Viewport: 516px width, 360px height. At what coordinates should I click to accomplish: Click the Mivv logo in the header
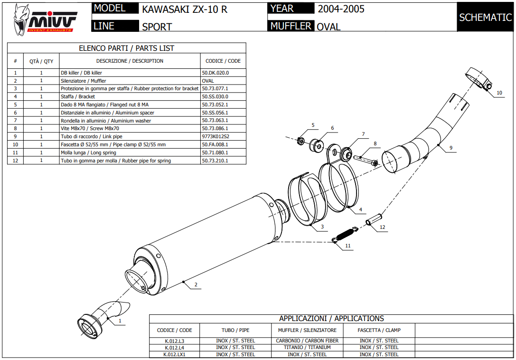[45, 18]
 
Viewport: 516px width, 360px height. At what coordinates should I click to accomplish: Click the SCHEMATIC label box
[485, 18]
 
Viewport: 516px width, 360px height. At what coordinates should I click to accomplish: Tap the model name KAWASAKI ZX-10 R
[185, 9]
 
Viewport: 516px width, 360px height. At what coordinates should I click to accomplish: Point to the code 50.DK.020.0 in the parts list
[216, 73]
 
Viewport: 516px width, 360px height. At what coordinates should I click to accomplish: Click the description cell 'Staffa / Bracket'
[78, 97]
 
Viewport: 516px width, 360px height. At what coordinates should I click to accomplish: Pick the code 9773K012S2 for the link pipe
[216, 137]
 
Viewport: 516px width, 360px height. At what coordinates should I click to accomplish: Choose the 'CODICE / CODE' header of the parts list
[223, 61]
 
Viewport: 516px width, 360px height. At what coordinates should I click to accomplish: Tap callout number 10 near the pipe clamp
[499, 93]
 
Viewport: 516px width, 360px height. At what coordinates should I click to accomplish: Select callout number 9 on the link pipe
[451, 148]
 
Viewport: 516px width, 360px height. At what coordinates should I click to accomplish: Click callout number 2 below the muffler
[196, 285]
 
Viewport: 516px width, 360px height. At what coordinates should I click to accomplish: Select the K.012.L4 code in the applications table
[174, 348]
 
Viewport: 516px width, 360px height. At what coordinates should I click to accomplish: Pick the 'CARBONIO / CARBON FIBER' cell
[307, 341]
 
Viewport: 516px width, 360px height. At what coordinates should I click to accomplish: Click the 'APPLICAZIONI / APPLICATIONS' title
[331, 319]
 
